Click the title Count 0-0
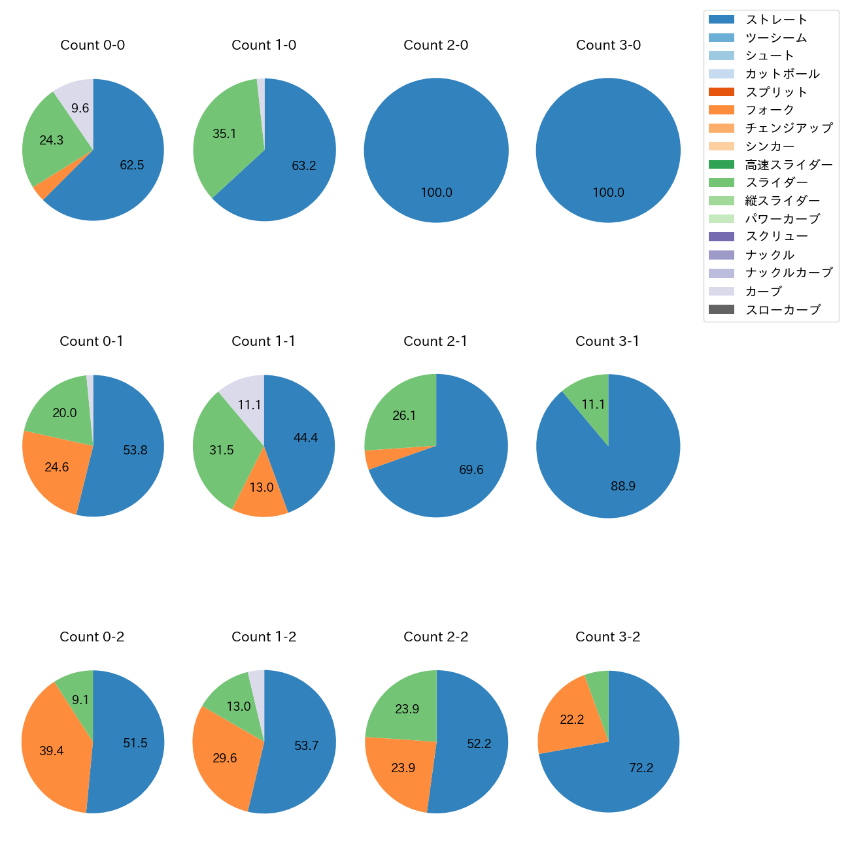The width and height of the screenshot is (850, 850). (92, 45)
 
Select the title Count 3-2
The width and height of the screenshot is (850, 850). (607, 637)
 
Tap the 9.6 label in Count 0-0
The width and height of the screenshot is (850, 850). (80, 109)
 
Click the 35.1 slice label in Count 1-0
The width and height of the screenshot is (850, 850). (224, 134)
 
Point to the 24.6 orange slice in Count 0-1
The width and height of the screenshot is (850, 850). (56, 467)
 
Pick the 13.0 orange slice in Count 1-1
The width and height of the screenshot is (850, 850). (262, 488)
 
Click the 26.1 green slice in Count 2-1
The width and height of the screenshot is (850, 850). (404, 416)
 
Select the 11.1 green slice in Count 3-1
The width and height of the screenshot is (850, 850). (593, 405)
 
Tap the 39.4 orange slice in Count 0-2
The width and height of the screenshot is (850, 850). (52, 751)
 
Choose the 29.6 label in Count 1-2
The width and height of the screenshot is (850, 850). (224, 758)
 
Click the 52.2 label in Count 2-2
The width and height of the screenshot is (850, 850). (479, 744)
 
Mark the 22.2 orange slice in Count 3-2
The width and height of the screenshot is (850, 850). (571, 720)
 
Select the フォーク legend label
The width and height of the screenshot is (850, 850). (770, 110)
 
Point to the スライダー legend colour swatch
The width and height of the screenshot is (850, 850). (721, 182)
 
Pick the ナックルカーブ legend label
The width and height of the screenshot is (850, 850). (789, 273)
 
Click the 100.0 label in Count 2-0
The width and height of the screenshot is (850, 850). (436, 193)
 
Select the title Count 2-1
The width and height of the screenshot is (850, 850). (435, 341)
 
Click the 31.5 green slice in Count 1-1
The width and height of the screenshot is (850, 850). (222, 450)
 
